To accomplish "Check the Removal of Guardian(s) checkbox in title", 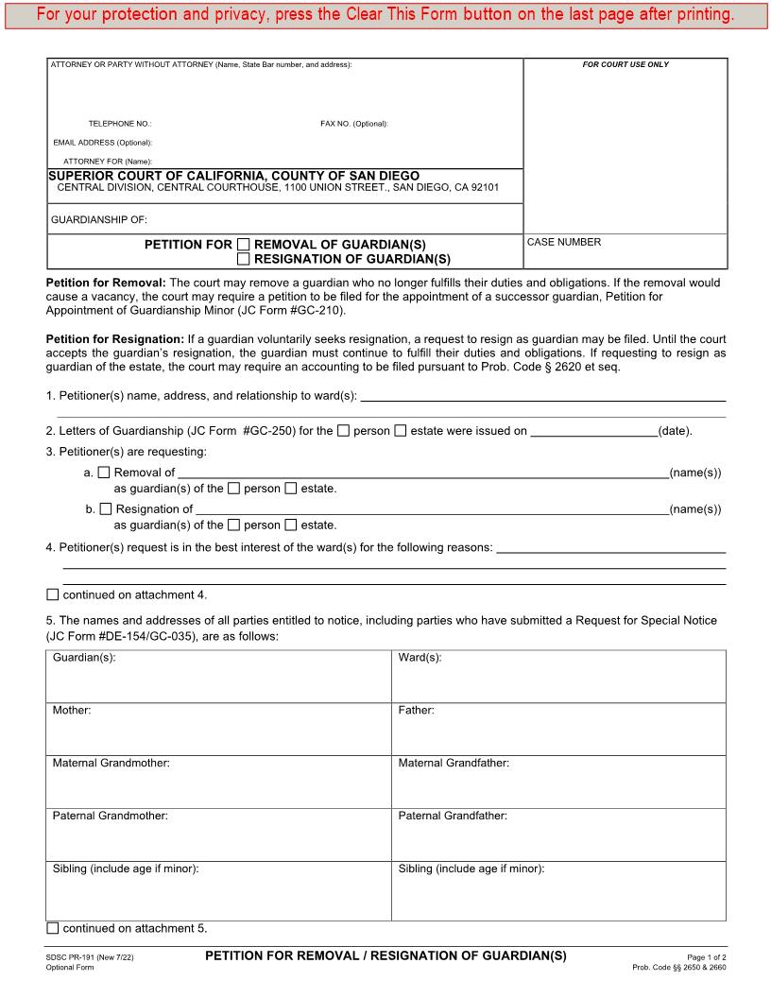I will pos(244,244).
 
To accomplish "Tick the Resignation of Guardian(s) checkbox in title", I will pos(244,258).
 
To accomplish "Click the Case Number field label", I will pos(563,242).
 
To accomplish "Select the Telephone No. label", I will pos(120,124).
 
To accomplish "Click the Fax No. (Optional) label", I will pos(354,124).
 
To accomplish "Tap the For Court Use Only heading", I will pos(625,64).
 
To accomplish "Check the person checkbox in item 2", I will pos(344,431).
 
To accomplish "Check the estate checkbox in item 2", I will pos(401,431).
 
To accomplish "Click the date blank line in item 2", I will pos(593,432).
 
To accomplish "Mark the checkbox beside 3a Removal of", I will pos(105,473).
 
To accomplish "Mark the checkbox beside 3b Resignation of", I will pos(105,509).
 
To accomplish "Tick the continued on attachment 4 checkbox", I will pos(53,594).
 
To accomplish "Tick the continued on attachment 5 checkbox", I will pos(53,928).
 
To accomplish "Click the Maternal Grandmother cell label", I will pos(111,763).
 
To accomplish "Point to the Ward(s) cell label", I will pos(420,657).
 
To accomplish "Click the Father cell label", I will pos(416,710).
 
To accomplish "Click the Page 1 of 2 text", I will pos(707,957).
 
